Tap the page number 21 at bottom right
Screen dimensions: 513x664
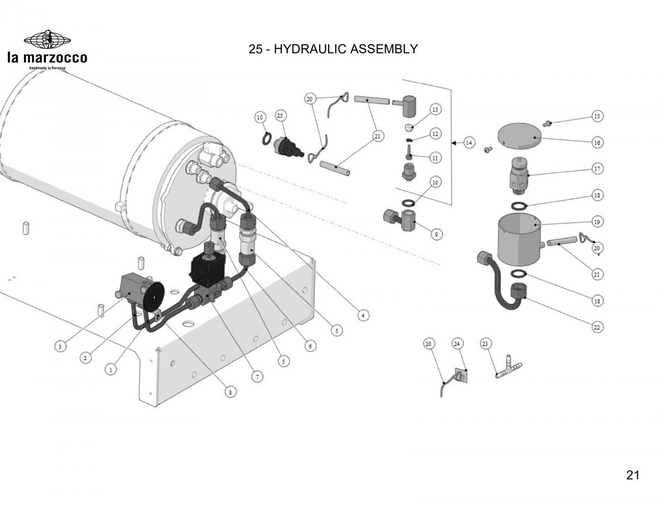pyautogui.click(x=633, y=475)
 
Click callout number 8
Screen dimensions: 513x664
pyautogui.click(x=230, y=391)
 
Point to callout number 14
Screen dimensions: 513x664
pyautogui.click(x=469, y=143)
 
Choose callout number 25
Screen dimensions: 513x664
pyautogui.click(x=280, y=116)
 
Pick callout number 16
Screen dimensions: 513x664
pyautogui.click(x=597, y=143)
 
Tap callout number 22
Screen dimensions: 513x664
pyautogui.click(x=597, y=328)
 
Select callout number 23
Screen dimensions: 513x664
pyautogui.click(x=485, y=343)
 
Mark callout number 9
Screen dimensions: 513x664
pyautogui.click(x=436, y=235)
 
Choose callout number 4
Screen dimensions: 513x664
pyautogui.click(x=363, y=315)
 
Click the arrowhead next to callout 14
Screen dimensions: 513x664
pyautogui.click(x=454, y=143)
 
